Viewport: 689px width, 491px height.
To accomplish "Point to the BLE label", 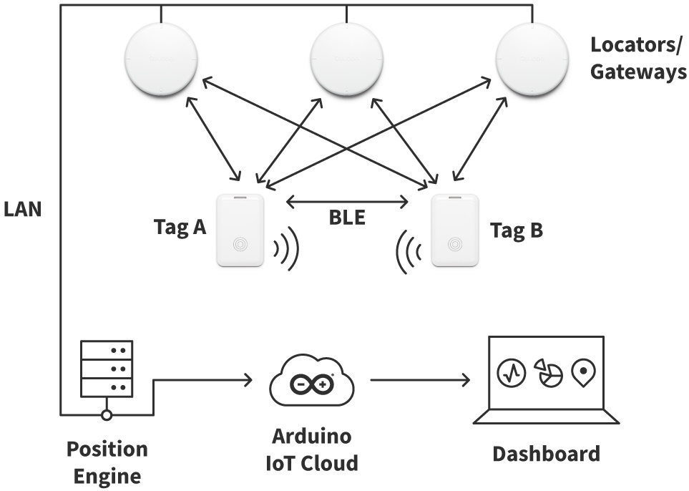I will click(x=347, y=218).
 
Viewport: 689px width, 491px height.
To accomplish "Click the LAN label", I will click(x=23, y=210).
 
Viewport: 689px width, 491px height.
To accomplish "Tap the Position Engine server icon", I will click(x=107, y=368).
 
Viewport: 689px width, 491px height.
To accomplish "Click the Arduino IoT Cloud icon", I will click(x=312, y=384).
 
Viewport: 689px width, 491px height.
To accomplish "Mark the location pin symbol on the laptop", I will click(x=584, y=373).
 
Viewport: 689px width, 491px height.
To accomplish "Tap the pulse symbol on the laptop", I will click(x=512, y=373).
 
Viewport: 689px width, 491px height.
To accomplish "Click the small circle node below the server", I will click(x=107, y=414).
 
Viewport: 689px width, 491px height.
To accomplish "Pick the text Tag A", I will click(x=180, y=228).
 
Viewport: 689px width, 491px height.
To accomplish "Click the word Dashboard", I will click(x=546, y=454).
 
